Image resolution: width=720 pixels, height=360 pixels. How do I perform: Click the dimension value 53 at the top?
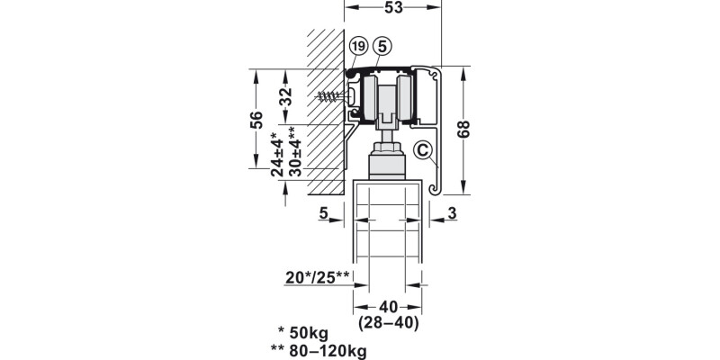point(393,7)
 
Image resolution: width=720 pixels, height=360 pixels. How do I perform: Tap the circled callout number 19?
point(358,46)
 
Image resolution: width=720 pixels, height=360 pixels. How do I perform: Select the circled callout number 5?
point(382,46)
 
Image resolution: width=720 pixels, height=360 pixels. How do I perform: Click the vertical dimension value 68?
point(463,130)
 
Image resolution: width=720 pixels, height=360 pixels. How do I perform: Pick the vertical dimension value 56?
point(256,120)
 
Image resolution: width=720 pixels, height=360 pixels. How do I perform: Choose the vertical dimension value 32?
point(285,97)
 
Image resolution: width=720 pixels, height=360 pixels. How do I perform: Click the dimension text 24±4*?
point(277,154)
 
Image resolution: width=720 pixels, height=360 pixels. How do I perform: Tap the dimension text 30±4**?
point(294,151)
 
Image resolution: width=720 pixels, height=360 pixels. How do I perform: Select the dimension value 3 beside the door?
point(453,213)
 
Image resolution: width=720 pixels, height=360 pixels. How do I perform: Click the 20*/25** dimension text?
point(318,277)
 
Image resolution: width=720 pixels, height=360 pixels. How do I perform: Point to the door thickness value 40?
point(388,307)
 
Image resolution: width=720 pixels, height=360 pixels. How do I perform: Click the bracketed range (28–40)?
point(388,323)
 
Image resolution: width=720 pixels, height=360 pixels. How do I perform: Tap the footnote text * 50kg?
point(303,332)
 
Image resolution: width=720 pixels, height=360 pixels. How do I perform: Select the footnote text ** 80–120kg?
point(319,351)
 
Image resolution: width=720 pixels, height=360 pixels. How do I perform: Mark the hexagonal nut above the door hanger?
point(387,148)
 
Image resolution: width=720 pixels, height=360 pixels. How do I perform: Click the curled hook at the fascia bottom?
point(436,187)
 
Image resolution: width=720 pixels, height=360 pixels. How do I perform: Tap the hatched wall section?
point(326,112)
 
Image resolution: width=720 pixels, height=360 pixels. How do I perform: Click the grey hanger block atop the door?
point(387,166)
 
